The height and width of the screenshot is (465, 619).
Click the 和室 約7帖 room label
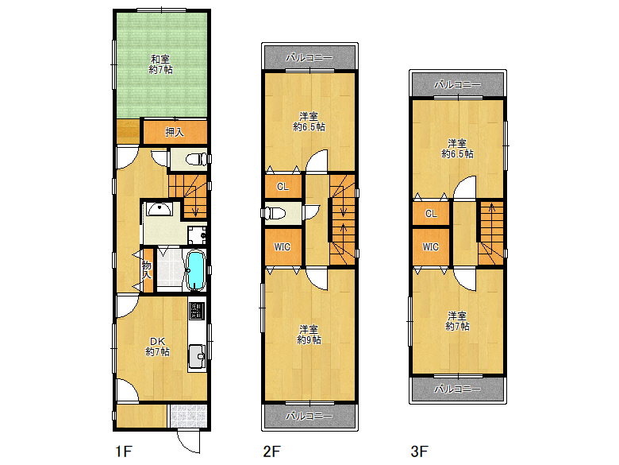160,64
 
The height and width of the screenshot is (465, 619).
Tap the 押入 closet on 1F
175,132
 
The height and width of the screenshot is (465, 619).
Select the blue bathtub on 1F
195,270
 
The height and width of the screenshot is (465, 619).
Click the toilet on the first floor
196,159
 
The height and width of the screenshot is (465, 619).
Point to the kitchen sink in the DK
197,356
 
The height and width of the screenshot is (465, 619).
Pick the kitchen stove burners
197,311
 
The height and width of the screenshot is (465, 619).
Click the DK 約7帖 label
157,347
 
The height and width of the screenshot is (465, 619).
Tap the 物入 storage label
147,269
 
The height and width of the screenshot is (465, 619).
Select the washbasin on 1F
159,208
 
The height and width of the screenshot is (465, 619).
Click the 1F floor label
124,451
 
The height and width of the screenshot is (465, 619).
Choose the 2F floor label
271,451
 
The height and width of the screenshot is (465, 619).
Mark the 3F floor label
419,451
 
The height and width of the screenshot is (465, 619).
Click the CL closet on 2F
283,186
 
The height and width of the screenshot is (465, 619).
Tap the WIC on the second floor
283,247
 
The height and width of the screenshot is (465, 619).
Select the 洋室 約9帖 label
309,335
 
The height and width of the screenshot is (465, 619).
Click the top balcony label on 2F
309,58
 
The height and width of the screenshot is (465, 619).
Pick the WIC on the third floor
431,247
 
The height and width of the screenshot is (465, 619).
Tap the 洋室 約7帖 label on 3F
457,321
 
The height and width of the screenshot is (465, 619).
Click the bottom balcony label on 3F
458,389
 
